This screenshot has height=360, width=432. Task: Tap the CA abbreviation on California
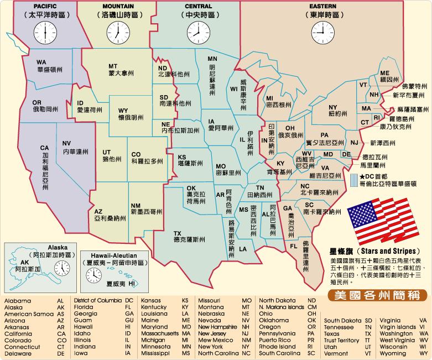45,148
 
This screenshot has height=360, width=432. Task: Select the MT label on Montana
112,66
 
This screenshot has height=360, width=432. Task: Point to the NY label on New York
333,107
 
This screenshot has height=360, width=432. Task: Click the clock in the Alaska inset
63,269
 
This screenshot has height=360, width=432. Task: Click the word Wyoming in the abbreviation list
393,352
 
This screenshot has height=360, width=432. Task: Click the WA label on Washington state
41,62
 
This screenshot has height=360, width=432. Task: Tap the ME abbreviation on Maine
385,74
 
